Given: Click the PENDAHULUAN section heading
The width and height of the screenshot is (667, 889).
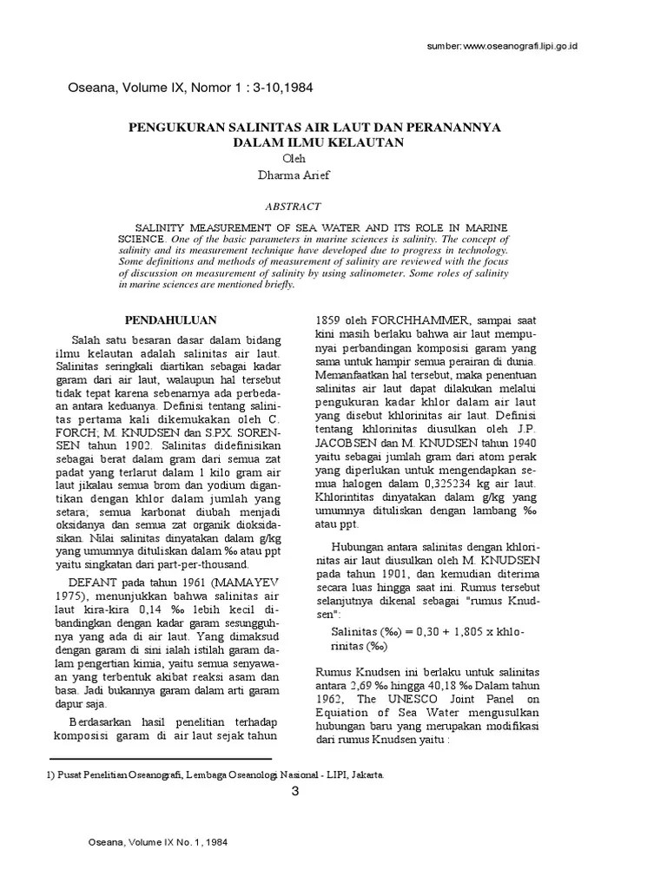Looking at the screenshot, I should click(x=171, y=319).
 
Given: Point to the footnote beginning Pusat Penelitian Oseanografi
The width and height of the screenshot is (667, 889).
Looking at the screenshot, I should click(x=201, y=773).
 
